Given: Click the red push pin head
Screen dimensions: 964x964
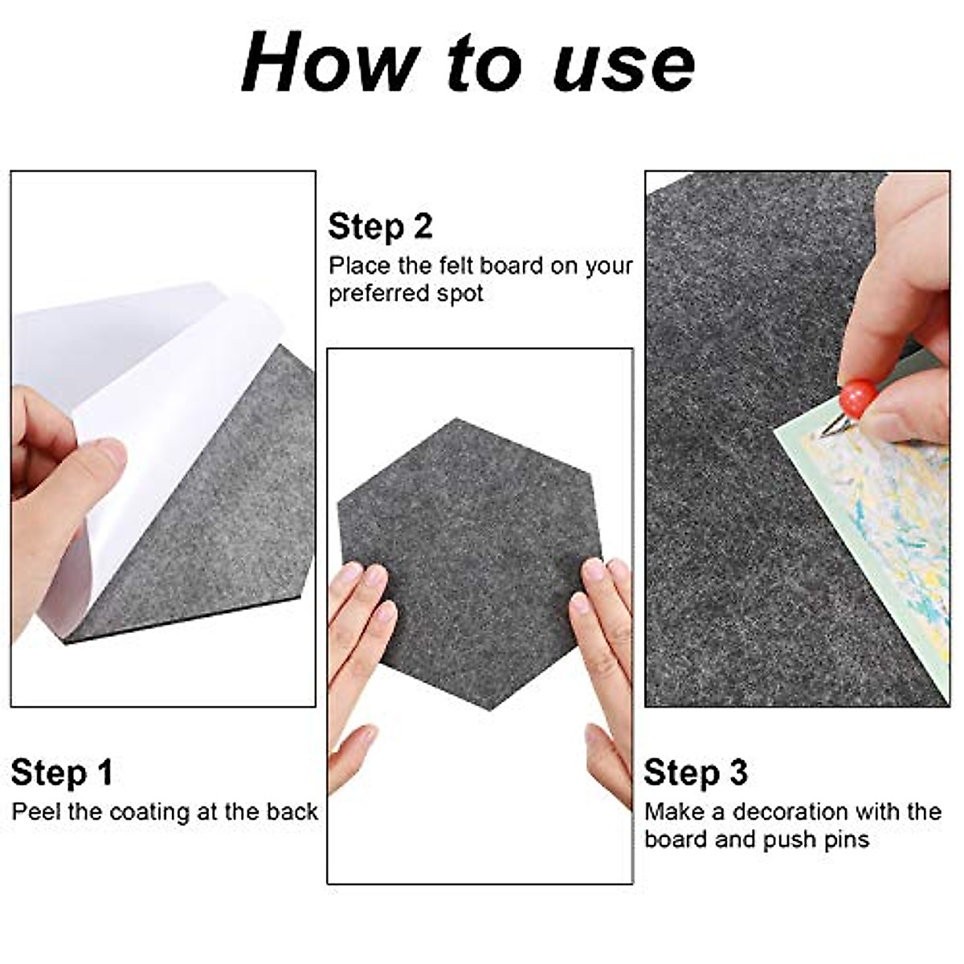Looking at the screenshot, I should (x=857, y=399).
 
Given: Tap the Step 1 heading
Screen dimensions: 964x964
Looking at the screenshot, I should (x=62, y=773).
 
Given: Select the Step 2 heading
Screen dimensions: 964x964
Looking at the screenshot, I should (x=380, y=227).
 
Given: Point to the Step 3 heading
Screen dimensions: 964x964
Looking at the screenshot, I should (x=695, y=773).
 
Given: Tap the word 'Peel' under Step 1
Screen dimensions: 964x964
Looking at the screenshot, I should (x=36, y=811).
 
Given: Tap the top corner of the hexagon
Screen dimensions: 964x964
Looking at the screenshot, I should (x=458, y=420).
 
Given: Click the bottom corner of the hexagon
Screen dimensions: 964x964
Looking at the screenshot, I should (x=492, y=707).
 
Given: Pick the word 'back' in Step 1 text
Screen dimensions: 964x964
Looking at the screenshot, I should (x=292, y=811).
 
